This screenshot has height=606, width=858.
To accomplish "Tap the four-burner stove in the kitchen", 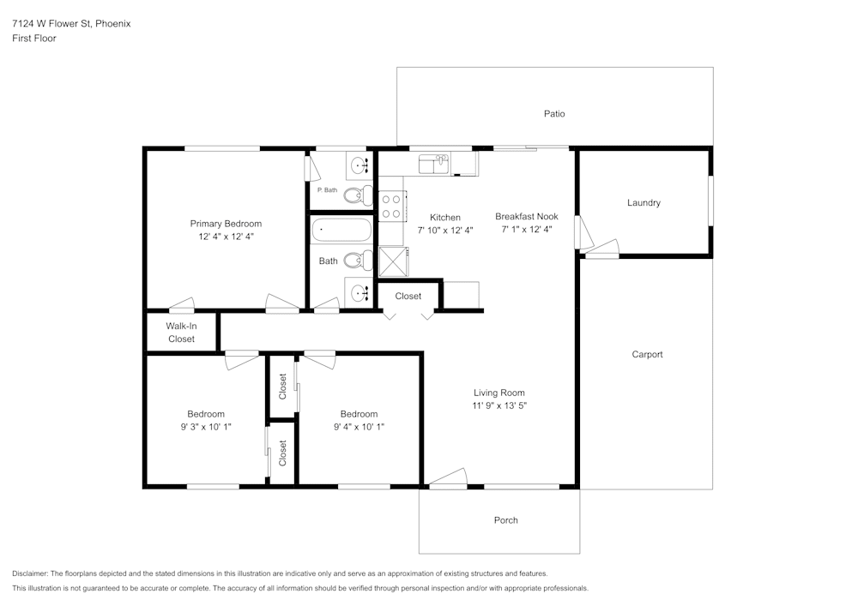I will coord(392,206).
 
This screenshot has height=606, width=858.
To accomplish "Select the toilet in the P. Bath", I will coord(358,195).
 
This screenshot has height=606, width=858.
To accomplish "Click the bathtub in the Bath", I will coord(341,231).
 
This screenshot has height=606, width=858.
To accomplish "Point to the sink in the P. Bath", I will coord(360,163).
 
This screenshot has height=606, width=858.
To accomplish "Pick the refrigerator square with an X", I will coord(393,261).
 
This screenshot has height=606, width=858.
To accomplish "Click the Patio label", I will coord(554,113).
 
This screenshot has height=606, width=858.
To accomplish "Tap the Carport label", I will coord(647,354).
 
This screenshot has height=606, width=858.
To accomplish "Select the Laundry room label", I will coord(643,203).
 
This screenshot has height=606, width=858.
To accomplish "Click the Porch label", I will coord(505,520).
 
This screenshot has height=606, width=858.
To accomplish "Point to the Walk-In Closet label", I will coord(181,333).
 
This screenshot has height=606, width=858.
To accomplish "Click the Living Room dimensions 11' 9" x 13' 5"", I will coord(498,405).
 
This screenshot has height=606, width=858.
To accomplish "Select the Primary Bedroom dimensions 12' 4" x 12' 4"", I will coord(226,236).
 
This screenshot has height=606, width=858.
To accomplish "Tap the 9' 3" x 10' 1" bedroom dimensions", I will coord(206,426).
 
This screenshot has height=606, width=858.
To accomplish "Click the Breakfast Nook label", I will coord(526,217).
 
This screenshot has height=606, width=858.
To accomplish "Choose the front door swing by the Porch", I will coord(448,478).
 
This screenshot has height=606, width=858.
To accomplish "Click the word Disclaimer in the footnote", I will coord(31,573).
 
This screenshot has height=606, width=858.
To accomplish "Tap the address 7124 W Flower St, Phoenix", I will coord(71,24).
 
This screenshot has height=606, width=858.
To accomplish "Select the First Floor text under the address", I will coord(34,39).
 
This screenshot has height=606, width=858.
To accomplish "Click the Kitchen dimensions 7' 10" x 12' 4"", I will coord(445,230).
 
